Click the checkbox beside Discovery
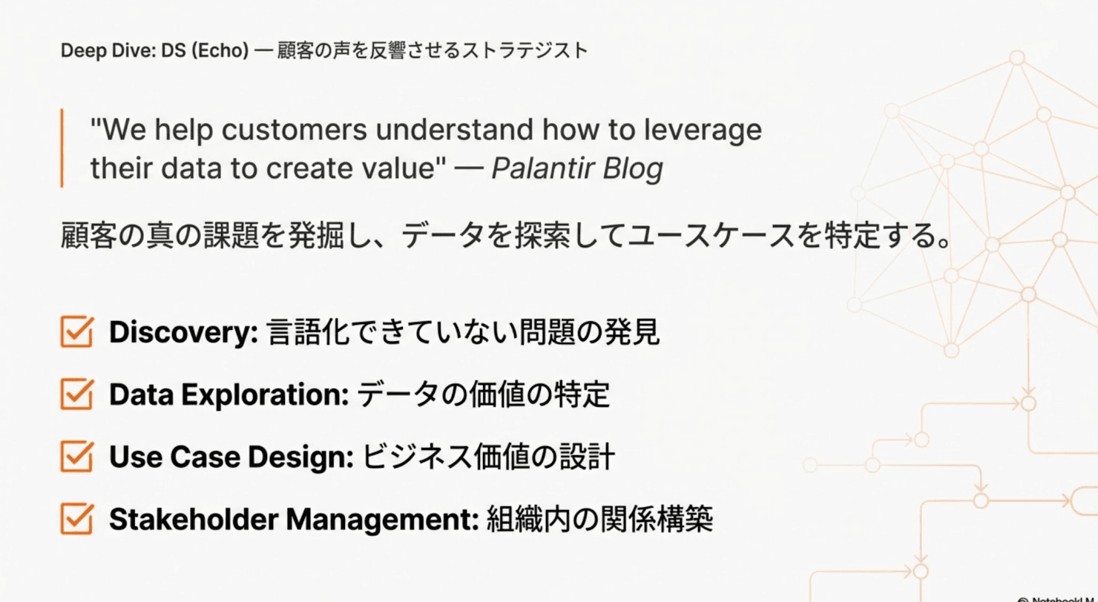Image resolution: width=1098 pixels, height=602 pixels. tap(76, 333)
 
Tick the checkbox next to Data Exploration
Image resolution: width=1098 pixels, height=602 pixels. tap(76, 395)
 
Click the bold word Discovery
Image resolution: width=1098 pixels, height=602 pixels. tap(182, 334)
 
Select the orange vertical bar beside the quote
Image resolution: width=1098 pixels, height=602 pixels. tap(62, 148)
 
